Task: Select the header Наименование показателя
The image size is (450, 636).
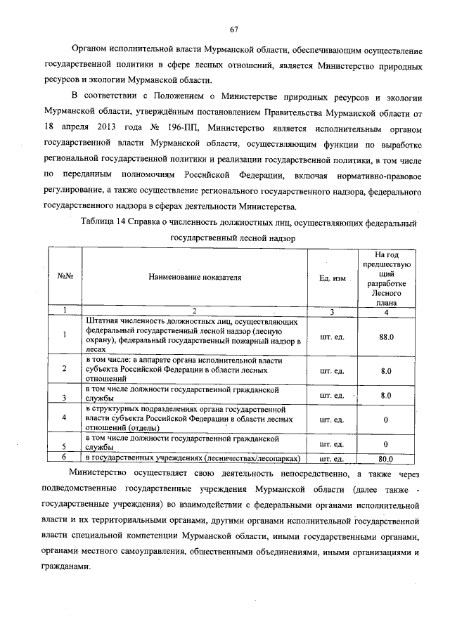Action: coord(194,277)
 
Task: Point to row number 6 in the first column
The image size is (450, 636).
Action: coord(64,457)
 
